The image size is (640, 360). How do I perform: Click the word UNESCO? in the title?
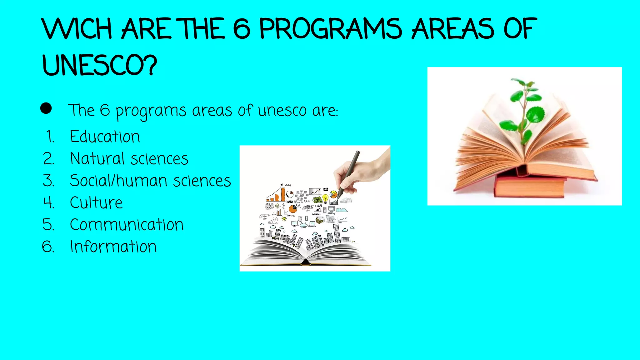click(99, 65)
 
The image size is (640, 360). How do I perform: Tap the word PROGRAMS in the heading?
click(331, 29)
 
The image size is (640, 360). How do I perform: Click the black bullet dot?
click(46, 108)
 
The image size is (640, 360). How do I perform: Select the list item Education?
click(105, 137)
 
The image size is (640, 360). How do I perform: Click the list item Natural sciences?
click(129, 159)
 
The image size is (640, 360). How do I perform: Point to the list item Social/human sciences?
click(150, 181)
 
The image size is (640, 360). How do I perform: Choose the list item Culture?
click(96, 202)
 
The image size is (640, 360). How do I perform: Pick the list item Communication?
click(127, 224)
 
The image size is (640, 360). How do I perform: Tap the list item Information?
click(113, 247)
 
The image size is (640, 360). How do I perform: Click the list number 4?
click(48, 202)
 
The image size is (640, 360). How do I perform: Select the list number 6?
click(48, 247)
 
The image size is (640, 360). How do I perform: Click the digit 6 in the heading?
click(242, 29)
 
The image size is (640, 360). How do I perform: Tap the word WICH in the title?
click(77, 29)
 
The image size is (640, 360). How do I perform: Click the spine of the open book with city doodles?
click(306, 262)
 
